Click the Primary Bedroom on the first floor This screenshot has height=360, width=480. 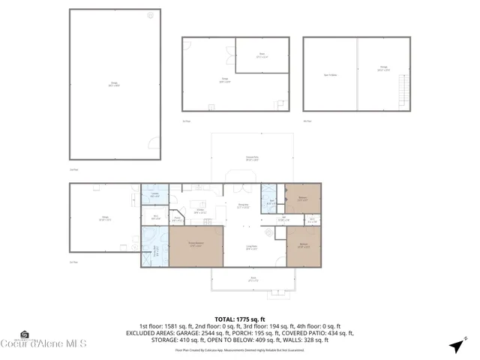pyautogui.click(x=196, y=246)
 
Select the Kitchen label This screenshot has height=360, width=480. pyautogui.click(x=200, y=211)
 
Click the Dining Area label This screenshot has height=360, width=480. pyautogui.click(x=243, y=205)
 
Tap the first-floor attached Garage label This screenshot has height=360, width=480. pyautogui.click(x=106, y=218)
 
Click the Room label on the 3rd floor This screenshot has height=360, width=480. pyautogui.click(x=262, y=55)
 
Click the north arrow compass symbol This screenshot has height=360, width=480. pyautogui.click(x=455, y=345)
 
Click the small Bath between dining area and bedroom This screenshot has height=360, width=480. pyautogui.click(x=271, y=200)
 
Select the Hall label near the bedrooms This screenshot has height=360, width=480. pyautogui.click(x=263, y=219)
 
